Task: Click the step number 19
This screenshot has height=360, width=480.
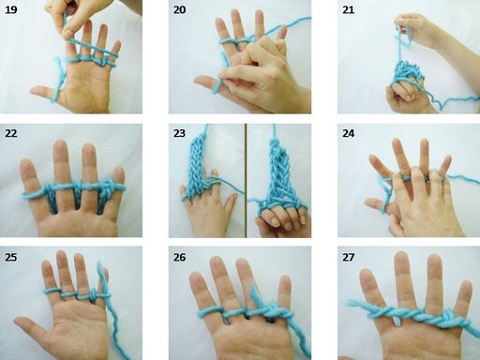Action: tap(11, 9)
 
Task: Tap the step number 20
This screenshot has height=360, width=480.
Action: tap(179, 9)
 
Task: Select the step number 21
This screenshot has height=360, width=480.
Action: tap(349, 9)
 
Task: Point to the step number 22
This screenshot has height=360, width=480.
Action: tap(11, 133)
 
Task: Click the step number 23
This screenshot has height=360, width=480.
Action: tap(179, 133)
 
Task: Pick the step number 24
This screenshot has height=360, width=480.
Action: tap(349, 133)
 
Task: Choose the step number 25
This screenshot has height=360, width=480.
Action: tap(11, 257)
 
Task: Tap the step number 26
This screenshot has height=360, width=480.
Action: tap(179, 257)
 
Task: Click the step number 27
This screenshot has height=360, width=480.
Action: tap(349, 257)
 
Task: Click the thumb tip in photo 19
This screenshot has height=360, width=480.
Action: tap(34, 90)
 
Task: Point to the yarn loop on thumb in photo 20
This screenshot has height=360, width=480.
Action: tap(217, 86)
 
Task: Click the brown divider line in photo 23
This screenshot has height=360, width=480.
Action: tap(246, 181)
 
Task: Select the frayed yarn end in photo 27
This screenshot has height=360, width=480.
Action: tap(352, 303)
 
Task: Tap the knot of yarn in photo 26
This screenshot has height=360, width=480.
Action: tap(273, 309)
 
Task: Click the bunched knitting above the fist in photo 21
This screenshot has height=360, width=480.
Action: tap(407, 72)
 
